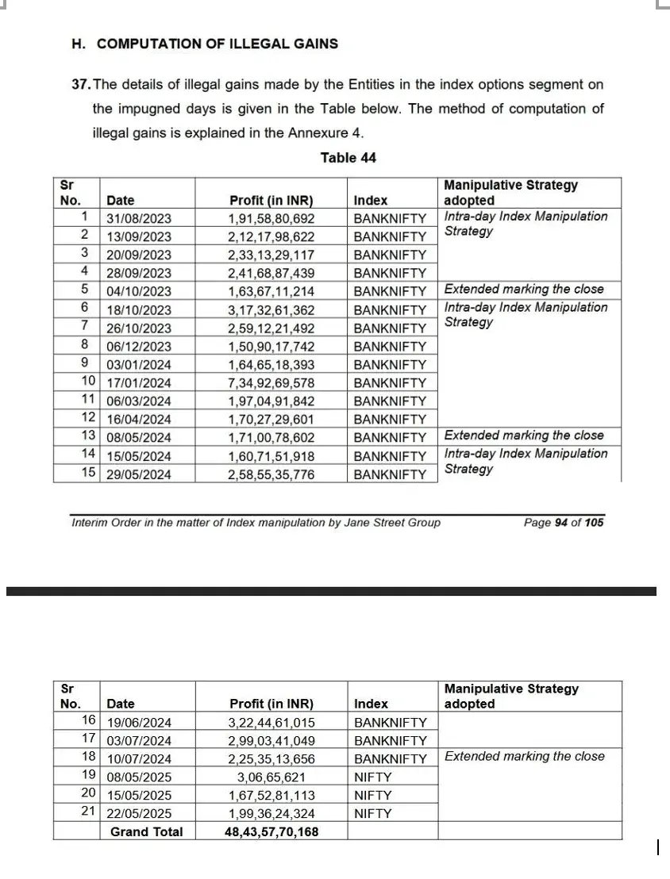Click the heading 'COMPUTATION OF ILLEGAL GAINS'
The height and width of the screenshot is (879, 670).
[217, 44]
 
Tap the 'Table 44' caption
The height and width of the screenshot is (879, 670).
[348, 158]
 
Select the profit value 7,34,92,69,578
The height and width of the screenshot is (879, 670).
[271, 383]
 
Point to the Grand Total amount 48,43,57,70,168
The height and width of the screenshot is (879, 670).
[271, 832]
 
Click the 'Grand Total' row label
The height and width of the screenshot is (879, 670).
[146, 832]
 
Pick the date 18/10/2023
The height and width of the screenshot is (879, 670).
[139, 310]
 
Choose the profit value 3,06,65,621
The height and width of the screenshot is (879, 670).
[271, 777]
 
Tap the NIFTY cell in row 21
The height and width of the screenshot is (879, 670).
[372, 814]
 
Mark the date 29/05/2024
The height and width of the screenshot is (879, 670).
[139, 474]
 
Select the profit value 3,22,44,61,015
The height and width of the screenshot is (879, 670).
[271, 723]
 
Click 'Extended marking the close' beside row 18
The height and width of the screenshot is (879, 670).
[524, 757]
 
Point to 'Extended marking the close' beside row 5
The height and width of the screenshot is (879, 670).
[524, 290]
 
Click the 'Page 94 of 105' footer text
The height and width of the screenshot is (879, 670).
[563, 523]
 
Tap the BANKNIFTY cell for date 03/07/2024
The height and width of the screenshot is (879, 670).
[390, 741]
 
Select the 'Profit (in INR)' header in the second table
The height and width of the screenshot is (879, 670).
[271, 704]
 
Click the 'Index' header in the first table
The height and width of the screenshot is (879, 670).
[371, 201]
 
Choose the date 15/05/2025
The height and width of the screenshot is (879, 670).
[139, 796]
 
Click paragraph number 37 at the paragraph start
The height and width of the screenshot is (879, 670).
[80, 84]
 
